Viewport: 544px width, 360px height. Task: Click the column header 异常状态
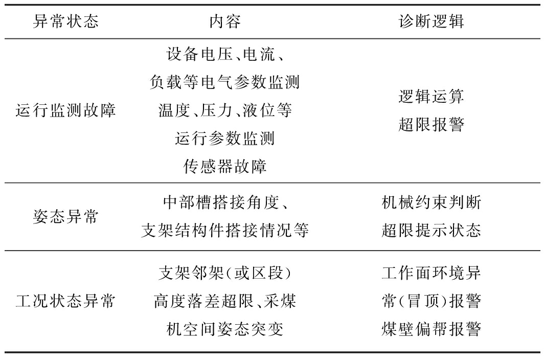coord(66,22)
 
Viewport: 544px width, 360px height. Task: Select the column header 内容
coord(225,22)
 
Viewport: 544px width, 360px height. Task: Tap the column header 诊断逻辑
coord(431,22)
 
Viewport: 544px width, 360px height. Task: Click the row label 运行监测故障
coord(66,110)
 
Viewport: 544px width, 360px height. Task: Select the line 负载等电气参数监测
coord(225,82)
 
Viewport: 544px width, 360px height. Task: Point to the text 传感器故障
coord(225,167)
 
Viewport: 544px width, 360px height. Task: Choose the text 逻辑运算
coord(431,97)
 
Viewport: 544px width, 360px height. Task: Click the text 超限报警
coord(431,125)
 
